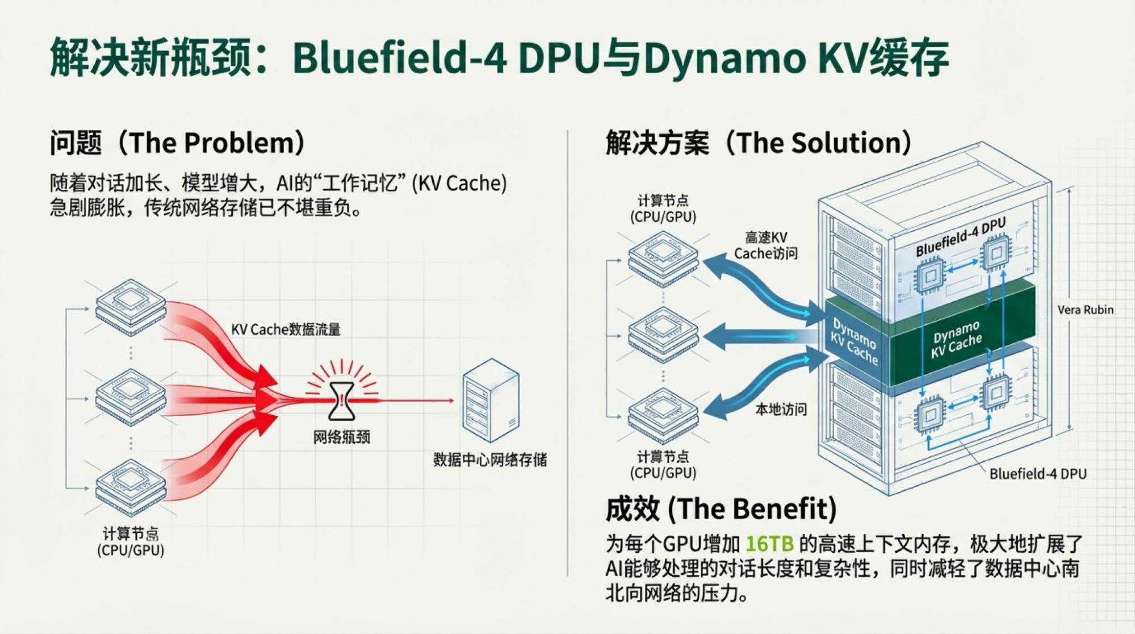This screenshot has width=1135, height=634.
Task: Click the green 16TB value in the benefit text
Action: tap(769, 544)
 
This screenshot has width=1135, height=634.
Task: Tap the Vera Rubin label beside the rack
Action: tap(1085, 310)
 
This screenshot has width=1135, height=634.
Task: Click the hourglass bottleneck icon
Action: tap(342, 401)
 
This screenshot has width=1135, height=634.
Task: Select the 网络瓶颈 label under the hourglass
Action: tap(342, 437)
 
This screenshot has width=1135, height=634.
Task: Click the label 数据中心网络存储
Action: tap(489, 460)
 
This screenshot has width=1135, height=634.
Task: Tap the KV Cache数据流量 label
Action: tap(286, 329)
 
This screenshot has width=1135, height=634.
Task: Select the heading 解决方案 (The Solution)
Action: tap(759, 143)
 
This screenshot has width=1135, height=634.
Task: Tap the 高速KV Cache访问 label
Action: tap(765, 245)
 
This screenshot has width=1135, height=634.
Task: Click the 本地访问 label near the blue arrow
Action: tap(781, 409)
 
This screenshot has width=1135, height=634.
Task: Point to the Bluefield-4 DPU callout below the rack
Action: tap(1037, 474)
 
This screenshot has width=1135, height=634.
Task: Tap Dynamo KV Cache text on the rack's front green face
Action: tap(855, 341)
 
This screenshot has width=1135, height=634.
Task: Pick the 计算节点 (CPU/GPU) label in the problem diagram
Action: tap(131, 542)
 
